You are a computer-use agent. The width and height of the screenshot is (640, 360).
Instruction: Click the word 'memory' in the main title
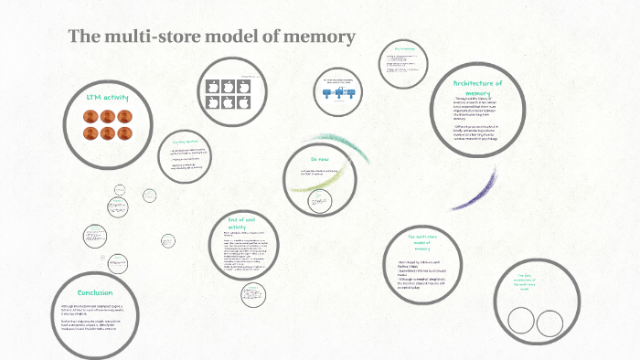point(317,37)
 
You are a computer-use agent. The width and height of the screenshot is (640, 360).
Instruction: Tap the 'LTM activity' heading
point(108,97)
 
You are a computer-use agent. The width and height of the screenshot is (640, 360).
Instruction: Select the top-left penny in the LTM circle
point(91,116)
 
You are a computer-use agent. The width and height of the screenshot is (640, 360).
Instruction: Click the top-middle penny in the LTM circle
point(108,116)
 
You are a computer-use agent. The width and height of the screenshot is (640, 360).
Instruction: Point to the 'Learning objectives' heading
point(184,143)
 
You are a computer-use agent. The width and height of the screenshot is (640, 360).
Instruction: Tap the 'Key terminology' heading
point(404,48)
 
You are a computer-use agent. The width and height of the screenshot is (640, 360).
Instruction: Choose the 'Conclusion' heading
point(94,292)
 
